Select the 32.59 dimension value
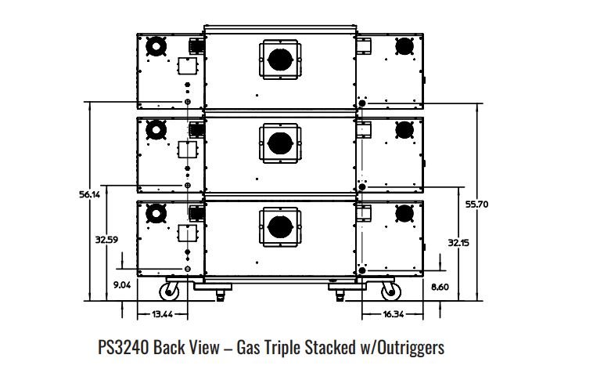pos(106,240)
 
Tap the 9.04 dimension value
pos(122,286)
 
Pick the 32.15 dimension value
pos(458,243)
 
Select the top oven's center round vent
pos(279,59)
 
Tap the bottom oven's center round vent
pos(279,226)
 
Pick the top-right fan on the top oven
pos(404,46)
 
